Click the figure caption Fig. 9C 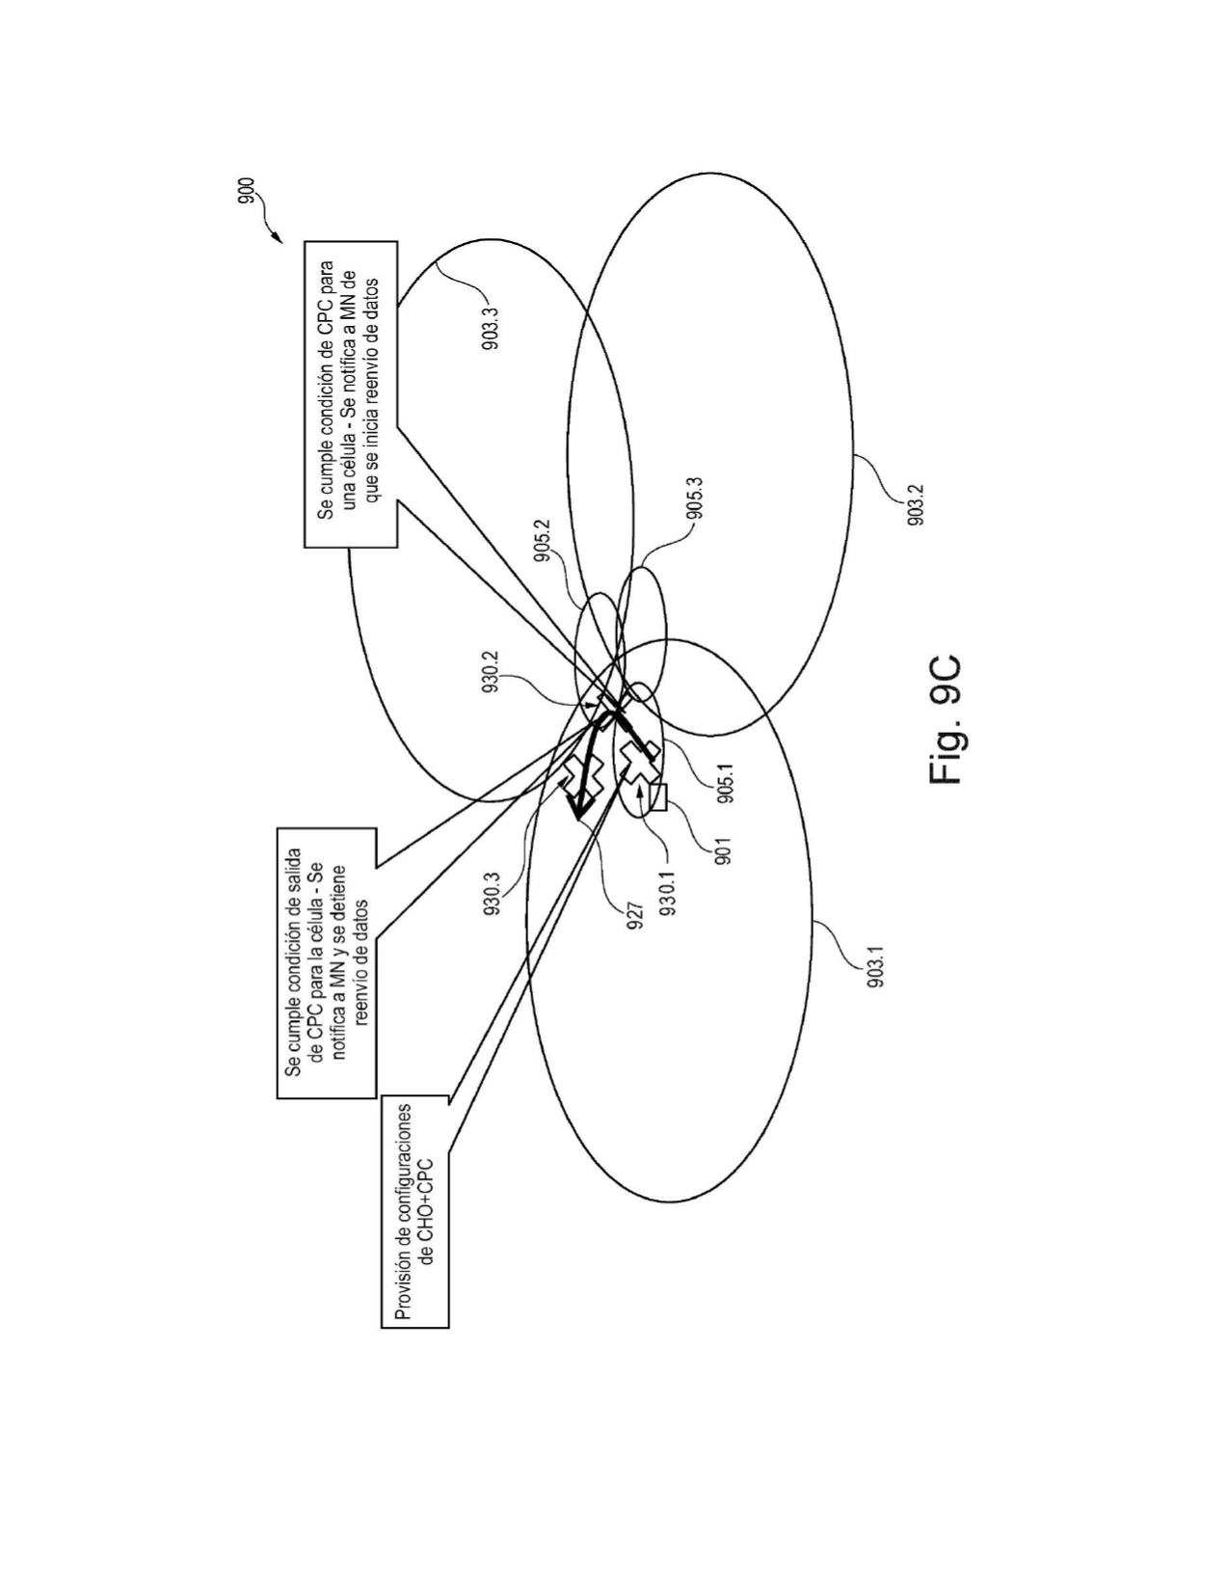click(945, 719)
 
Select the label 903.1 click(875, 967)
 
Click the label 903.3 click(492, 329)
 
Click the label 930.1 click(667, 894)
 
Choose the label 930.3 click(492, 894)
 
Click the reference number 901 click(724, 851)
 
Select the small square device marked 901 click(658, 797)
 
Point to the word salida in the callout click(293, 871)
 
